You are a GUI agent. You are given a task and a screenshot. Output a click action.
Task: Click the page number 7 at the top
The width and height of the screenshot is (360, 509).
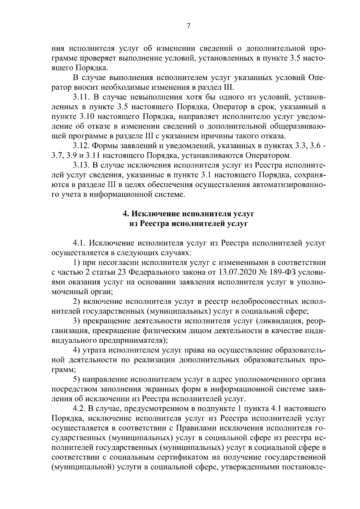coord(188,26)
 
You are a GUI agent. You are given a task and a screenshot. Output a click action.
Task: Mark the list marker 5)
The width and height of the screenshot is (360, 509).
coord(76,380)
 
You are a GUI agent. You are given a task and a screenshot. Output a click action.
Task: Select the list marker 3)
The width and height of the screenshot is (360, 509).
coord(76,321)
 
